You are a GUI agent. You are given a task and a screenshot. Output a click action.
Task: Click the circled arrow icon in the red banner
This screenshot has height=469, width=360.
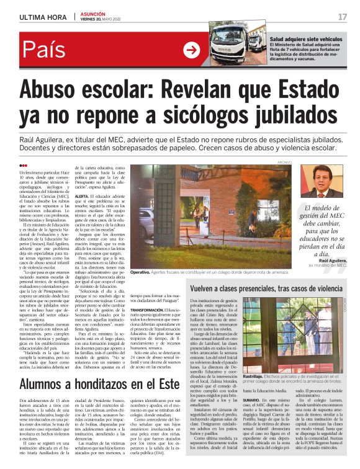(192, 51)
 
